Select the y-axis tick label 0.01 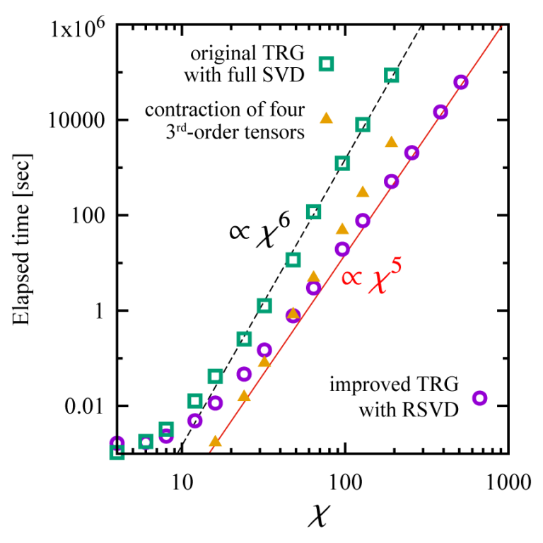click(x=86, y=406)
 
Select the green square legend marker click(x=326, y=64)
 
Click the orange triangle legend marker click(x=326, y=119)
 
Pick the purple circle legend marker click(x=480, y=398)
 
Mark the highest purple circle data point click(x=460, y=82)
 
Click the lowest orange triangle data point click(x=215, y=442)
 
